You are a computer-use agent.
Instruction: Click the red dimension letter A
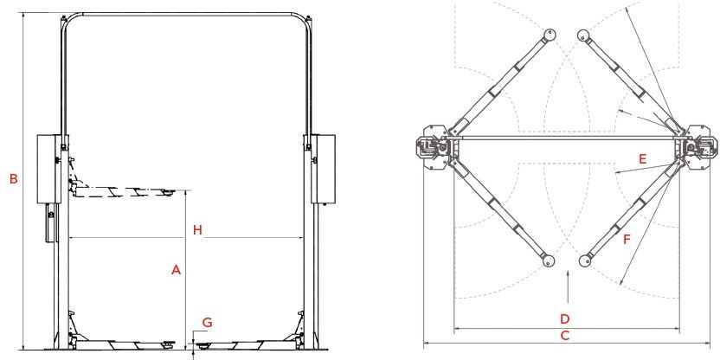click(176, 271)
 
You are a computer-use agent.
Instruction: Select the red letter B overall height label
click(14, 179)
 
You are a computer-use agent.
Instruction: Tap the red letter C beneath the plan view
click(565, 336)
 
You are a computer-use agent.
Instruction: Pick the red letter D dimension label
click(565, 318)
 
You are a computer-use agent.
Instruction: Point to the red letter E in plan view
click(642, 159)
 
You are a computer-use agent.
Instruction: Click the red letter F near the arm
click(627, 239)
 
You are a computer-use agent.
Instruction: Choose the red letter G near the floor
click(208, 322)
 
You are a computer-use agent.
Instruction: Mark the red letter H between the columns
click(197, 230)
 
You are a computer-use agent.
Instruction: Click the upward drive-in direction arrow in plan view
click(568, 287)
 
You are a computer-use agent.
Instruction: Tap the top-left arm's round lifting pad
click(550, 35)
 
